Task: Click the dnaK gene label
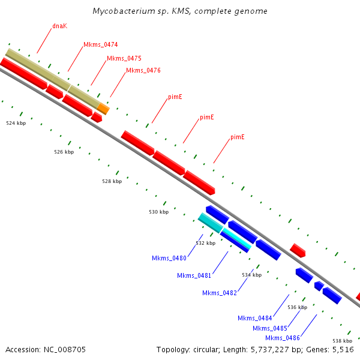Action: tap(59, 26)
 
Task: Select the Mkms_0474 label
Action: tap(100, 44)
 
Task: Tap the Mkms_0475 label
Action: tap(124, 58)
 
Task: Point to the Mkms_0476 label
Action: tap(143, 70)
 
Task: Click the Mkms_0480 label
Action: tap(169, 258)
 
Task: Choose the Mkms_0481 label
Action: tap(194, 275)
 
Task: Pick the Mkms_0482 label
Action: tap(219, 293)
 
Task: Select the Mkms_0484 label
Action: tap(254, 318)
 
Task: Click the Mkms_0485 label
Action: tap(269, 328)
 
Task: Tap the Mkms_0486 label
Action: tap(282, 338)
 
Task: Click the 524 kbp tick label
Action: tap(16, 123)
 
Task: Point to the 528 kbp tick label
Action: tap(112, 181)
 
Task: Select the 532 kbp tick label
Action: tap(205, 243)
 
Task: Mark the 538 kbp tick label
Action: tap(343, 341)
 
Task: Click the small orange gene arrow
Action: tap(104, 109)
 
